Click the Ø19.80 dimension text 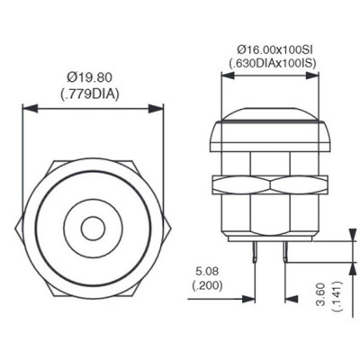click(89, 77)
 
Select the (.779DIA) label click(90, 94)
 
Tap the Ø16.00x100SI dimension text click(273, 49)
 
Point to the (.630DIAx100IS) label click(273, 63)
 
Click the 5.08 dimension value click(207, 272)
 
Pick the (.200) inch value click(207, 285)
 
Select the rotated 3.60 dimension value click(320, 294)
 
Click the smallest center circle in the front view click(93, 229)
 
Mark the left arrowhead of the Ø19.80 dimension click(30, 109)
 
